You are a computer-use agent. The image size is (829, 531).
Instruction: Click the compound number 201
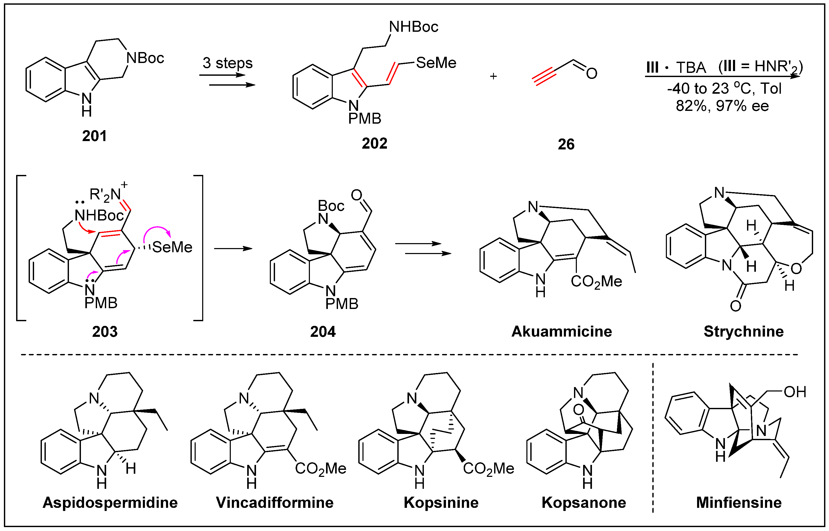[94, 136]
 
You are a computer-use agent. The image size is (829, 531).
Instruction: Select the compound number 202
[374, 143]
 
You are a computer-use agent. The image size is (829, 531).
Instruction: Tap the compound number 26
[566, 144]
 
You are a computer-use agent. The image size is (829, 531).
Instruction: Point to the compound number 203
[105, 332]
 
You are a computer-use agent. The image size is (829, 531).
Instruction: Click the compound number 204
[323, 332]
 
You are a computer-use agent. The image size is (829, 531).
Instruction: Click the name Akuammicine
[562, 331]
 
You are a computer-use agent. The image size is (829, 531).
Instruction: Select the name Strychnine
[743, 331]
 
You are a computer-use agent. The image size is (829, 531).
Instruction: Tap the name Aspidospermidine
[110, 503]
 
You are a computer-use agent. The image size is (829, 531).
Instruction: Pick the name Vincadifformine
[275, 503]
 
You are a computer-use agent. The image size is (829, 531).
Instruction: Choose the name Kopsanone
[584, 503]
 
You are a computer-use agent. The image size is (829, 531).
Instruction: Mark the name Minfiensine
[739, 503]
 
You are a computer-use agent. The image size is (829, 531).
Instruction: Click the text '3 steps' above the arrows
[227, 63]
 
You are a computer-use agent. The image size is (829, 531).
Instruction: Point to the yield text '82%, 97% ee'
[722, 106]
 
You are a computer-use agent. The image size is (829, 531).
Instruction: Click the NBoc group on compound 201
[145, 58]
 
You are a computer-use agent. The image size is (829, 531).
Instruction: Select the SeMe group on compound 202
[436, 63]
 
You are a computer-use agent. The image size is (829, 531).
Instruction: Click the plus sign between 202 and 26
[493, 76]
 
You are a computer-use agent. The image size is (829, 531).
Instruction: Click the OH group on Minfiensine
[795, 392]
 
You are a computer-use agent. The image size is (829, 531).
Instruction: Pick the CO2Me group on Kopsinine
[488, 469]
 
